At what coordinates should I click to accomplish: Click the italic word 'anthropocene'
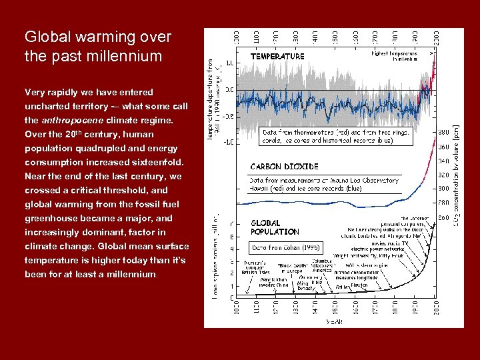pyautogui.click(x=89, y=121)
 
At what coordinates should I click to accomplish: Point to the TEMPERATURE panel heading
pyautogui.click(x=277, y=57)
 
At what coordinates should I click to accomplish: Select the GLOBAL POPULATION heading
pyautogui.click(x=275, y=227)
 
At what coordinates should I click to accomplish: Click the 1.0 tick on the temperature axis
pyautogui.click(x=229, y=63)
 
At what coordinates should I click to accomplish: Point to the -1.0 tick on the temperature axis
pyautogui.click(x=227, y=141)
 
